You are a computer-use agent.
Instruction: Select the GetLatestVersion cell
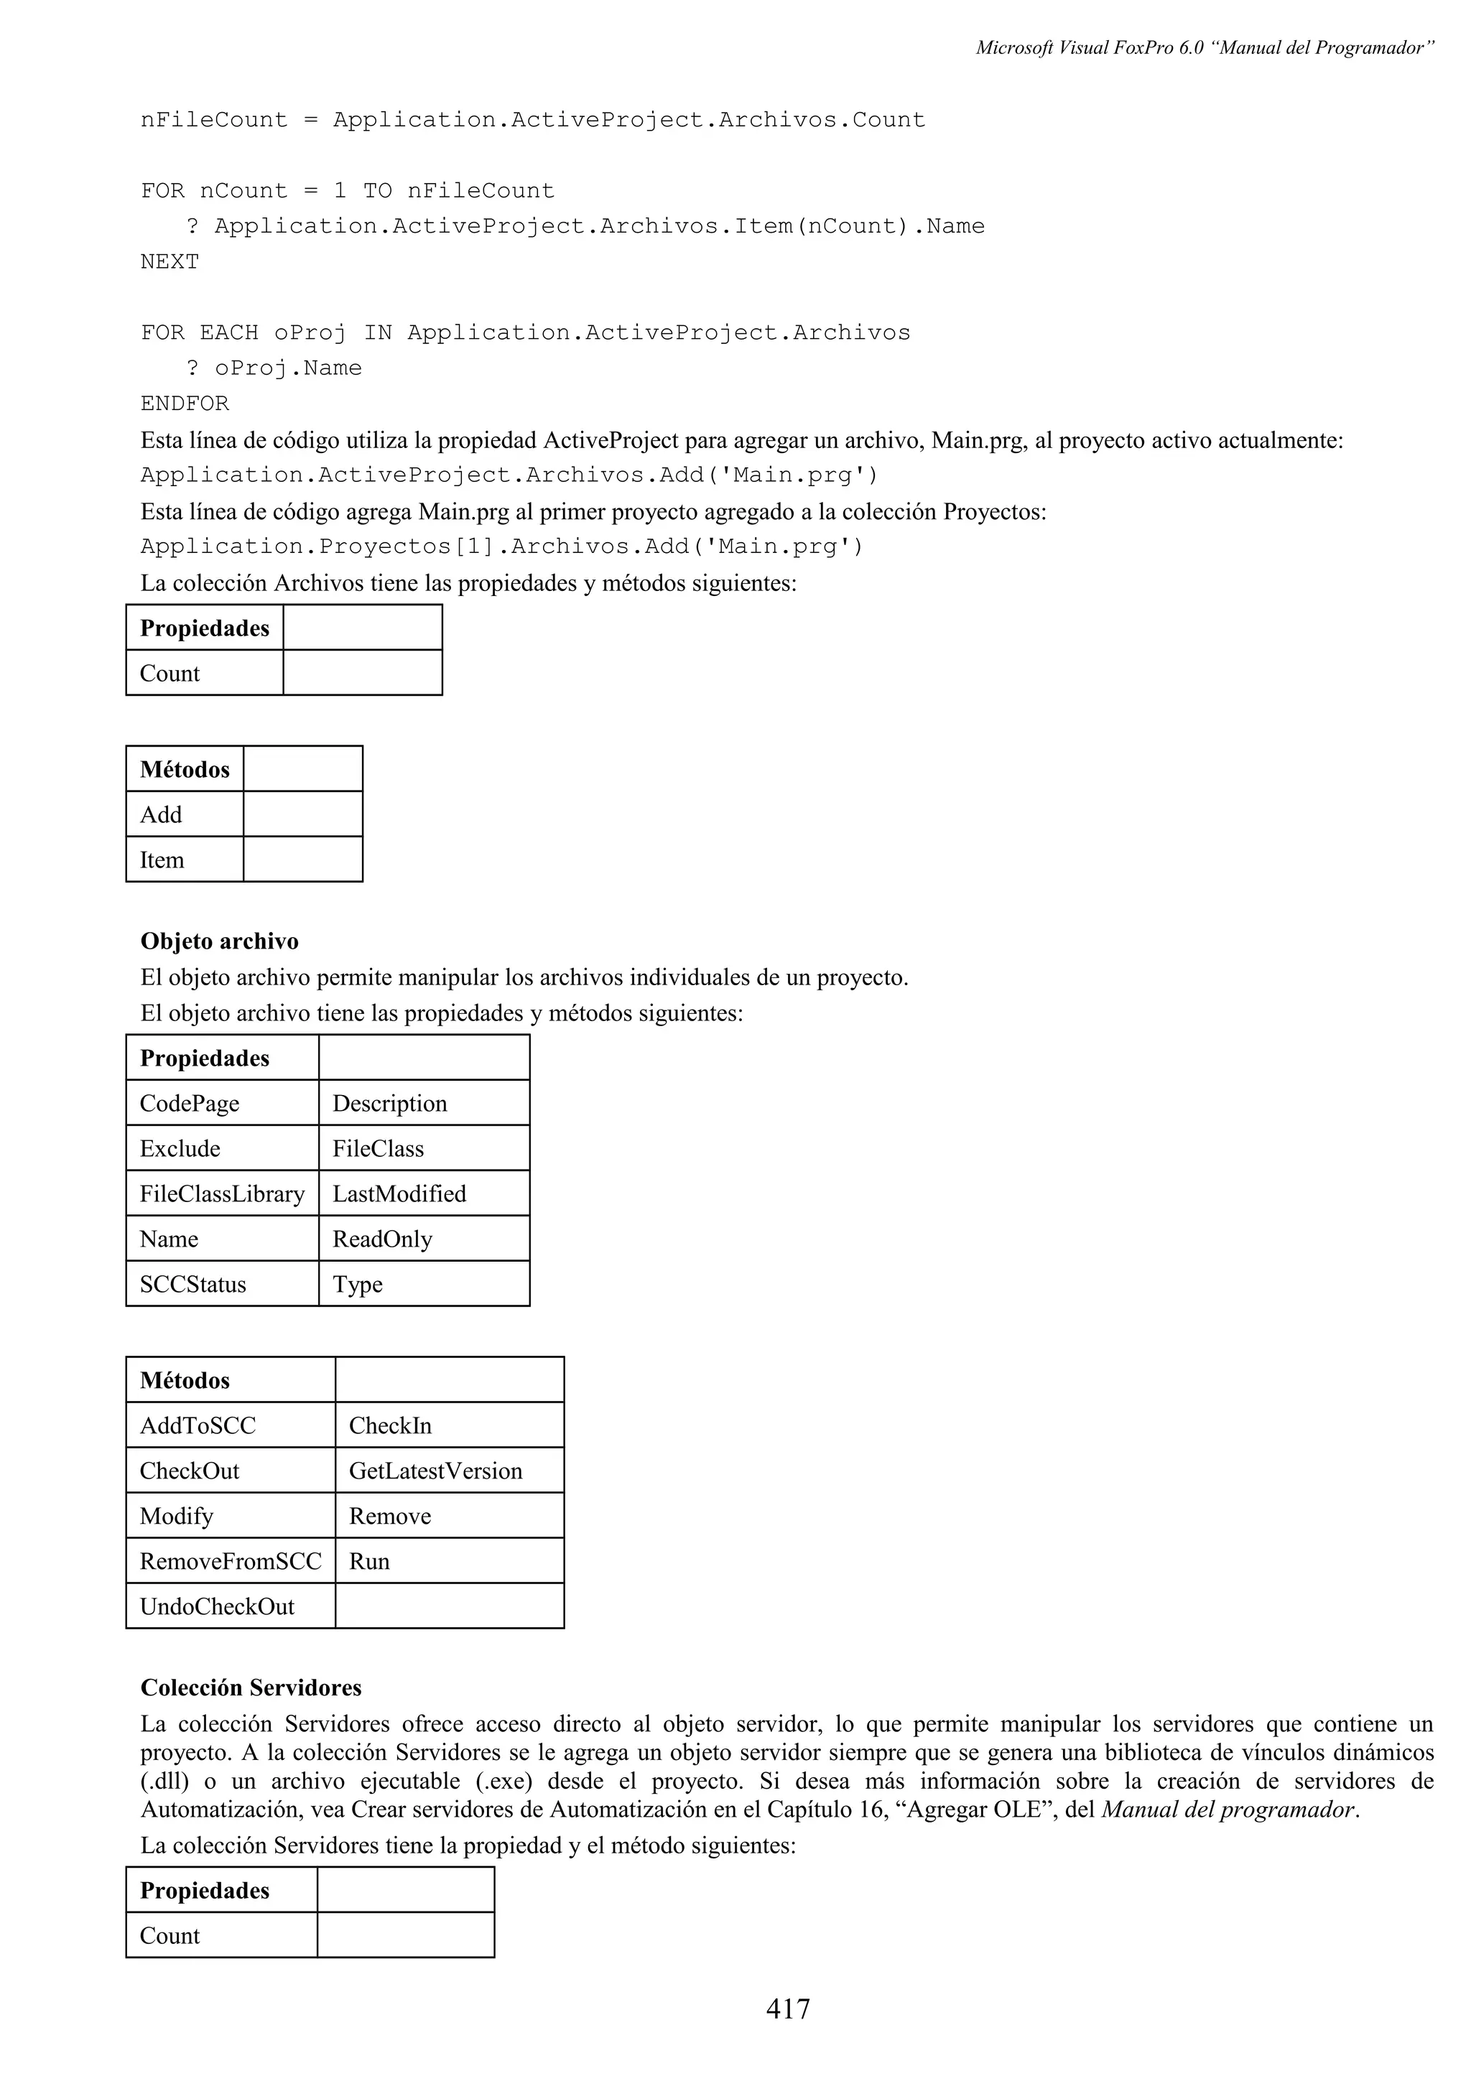[x=435, y=1471]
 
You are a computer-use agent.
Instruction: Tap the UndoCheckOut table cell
[x=218, y=1607]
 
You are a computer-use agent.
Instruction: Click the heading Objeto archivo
[x=219, y=941]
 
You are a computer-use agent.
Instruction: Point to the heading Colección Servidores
[x=251, y=1687]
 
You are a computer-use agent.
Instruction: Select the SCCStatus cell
[x=193, y=1285]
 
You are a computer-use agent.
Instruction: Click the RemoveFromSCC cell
[x=231, y=1562]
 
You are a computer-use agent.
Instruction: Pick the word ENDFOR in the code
[x=185, y=404]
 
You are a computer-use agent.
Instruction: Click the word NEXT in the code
[x=170, y=262]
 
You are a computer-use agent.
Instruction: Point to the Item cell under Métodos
[x=162, y=860]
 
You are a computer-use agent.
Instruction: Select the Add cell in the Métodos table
[x=162, y=815]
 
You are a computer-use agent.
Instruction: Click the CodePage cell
[x=190, y=1103]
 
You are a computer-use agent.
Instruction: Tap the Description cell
[x=390, y=1103]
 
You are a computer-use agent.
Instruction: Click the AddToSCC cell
[x=198, y=1425]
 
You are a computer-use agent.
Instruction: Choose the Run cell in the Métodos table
[x=369, y=1562]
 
